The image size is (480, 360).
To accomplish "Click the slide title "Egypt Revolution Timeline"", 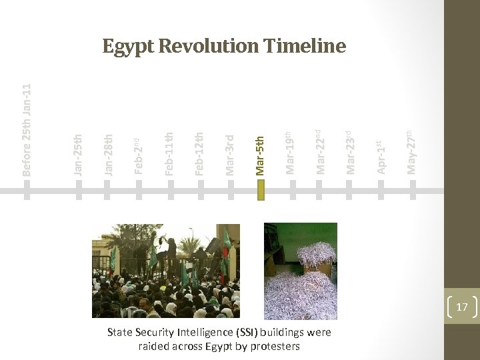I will [224, 46].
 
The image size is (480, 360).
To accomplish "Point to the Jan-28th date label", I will [109, 155].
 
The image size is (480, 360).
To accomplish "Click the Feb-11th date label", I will [169, 155].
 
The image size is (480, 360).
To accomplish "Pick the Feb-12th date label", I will [199, 155].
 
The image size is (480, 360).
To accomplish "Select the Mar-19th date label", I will [291, 153].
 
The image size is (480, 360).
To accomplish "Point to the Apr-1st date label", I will [381, 157].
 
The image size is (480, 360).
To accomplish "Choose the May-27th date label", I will [412, 152].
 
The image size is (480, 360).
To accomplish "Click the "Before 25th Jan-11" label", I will [27, 131].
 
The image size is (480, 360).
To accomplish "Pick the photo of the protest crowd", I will [165, 271].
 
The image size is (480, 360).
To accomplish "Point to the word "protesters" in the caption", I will [273, 346].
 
